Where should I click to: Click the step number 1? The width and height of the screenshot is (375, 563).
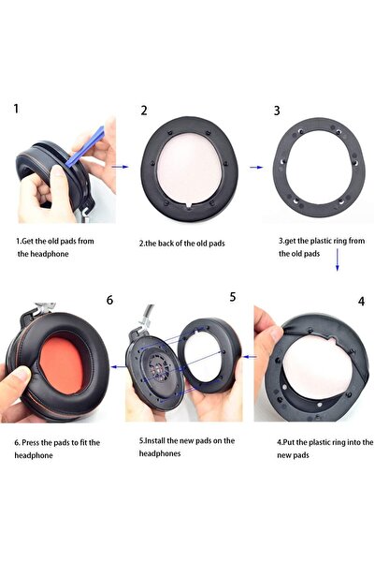[16, 108]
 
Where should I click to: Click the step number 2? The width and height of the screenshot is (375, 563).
[144, 111]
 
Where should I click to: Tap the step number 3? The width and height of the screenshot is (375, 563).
[277, 111]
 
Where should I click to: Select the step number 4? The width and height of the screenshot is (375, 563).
[361, 302]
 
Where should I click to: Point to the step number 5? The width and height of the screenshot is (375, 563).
[233, 297]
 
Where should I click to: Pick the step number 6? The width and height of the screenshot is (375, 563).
[109, 300]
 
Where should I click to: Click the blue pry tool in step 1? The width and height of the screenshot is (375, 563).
[85, 147]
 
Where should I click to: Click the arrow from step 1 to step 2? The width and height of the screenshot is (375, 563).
[120, 167]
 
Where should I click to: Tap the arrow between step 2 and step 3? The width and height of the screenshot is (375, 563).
[256, 168]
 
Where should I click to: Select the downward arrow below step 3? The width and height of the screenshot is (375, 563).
[337, 259]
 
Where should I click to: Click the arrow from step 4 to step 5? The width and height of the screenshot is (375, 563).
[251, 357]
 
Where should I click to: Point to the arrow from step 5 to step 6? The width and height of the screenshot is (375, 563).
[119, 366]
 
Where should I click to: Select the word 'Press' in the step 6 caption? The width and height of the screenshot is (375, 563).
[31, 442]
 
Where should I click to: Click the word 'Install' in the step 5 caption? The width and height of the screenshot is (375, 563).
[155, 440]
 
